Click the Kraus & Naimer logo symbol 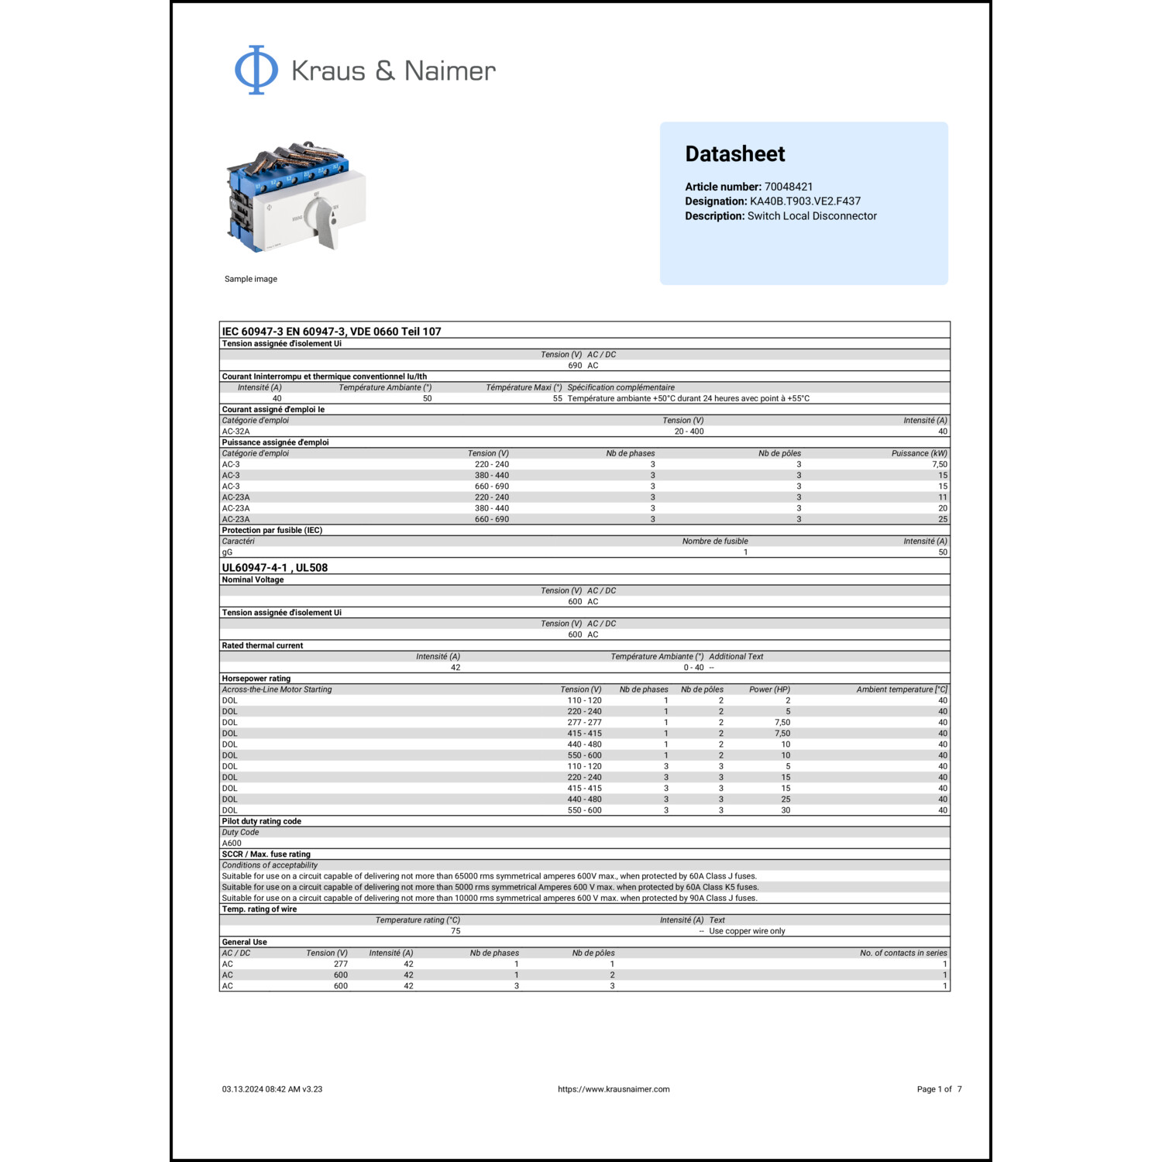point(256,70)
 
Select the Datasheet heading point(734,154)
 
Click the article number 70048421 point(789,187)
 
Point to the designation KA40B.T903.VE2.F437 point(805,201)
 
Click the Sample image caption point(250,279)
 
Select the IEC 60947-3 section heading point(332,332)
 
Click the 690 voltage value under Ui point(575,366)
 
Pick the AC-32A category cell point(235,431)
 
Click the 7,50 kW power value point(939,465)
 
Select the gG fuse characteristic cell point(227,552)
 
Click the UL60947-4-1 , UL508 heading point(274,568)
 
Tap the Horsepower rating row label point(256,679)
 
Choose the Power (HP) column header point(769,689)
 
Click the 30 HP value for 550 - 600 point(786,810)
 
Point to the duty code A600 point(232,844)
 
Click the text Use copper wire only point(747,931)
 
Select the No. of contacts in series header point(903,954)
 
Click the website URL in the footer point(614,1089)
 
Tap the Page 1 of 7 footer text point(939,1089)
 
